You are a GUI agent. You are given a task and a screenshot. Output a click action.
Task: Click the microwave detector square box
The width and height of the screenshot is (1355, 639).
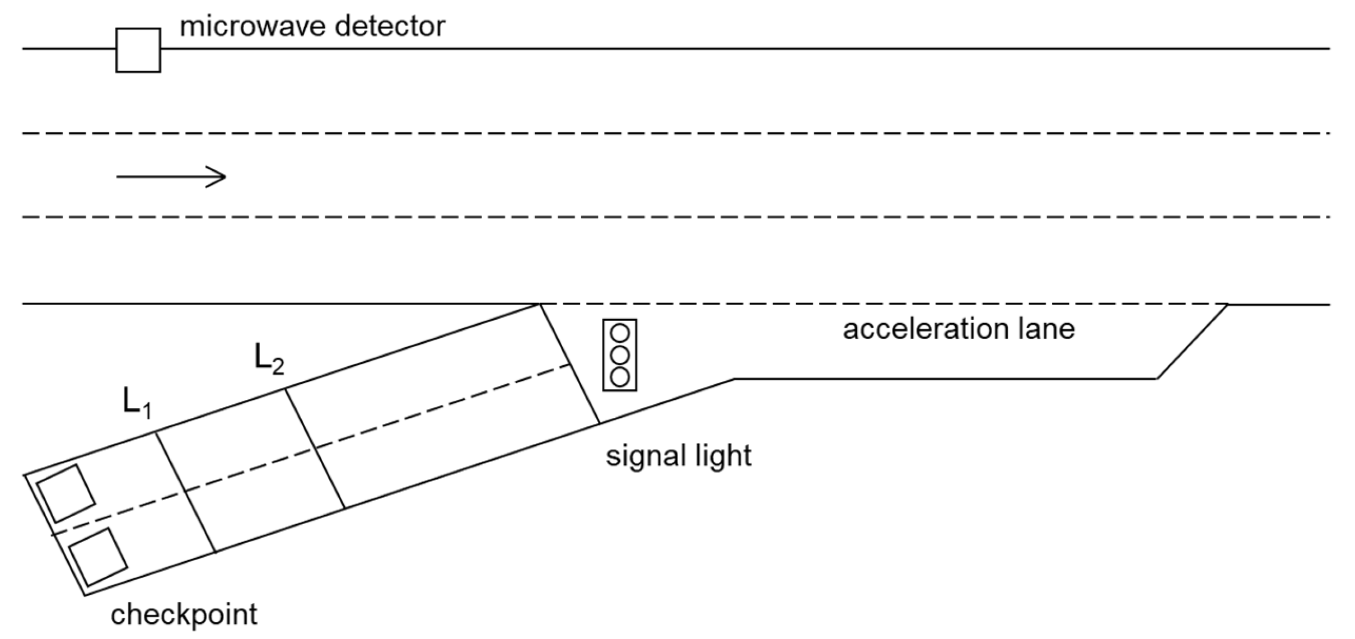click(138, 50)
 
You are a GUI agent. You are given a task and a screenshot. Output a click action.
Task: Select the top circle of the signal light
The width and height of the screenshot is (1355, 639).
click(620, 334)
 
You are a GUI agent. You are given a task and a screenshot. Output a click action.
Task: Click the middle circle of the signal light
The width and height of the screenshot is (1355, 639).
click(620, 355)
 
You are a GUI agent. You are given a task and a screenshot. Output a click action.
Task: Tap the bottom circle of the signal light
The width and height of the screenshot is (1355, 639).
click(620, 376)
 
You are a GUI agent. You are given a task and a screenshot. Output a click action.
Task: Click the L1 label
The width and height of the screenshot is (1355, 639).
click(137, 403)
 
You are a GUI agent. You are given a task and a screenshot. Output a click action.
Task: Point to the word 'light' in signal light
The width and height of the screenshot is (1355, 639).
click(722, 456)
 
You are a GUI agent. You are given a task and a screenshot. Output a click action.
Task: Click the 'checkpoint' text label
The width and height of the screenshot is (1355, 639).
click(184, 615)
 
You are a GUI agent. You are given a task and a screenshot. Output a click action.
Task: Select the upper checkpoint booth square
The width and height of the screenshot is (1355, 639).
click(66, 494)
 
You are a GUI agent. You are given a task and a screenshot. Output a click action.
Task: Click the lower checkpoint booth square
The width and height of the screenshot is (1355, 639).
click(98, 558)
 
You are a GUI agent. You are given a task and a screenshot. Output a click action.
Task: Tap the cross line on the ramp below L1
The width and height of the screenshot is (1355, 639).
click(185, 492)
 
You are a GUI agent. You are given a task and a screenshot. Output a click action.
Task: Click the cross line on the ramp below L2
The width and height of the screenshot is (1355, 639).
click(315, 448)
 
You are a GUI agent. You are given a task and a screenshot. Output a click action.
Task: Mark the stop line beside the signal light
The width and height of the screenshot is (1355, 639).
click(569, 364)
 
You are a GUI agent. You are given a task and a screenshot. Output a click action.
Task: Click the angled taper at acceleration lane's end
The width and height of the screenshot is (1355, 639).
click(1193, 342)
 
